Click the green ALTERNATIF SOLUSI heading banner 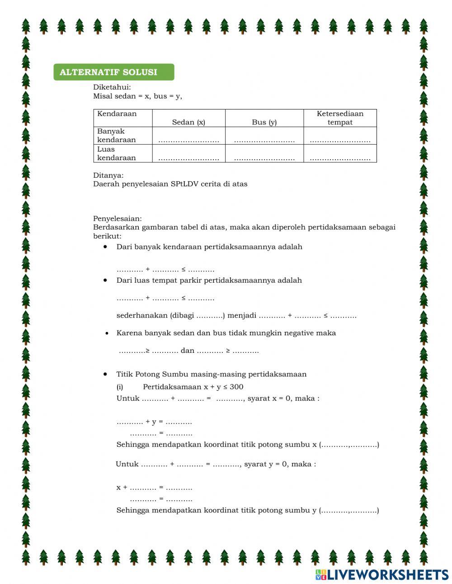pos(113,72)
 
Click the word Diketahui pos(112,87)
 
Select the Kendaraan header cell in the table pos(117,114)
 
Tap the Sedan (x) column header pos(188,122)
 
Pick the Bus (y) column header pos(264,122)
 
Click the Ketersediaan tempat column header pos(340,118)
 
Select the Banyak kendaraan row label pos(116,136)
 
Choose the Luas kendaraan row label pos(116,153)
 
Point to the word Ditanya pos(108,175)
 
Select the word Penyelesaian pos(117,218)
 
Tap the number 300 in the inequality pos(236,387)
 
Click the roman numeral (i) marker pos(120,387)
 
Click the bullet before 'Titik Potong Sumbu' pos(105,374)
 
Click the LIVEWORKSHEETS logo pos(382,575)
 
